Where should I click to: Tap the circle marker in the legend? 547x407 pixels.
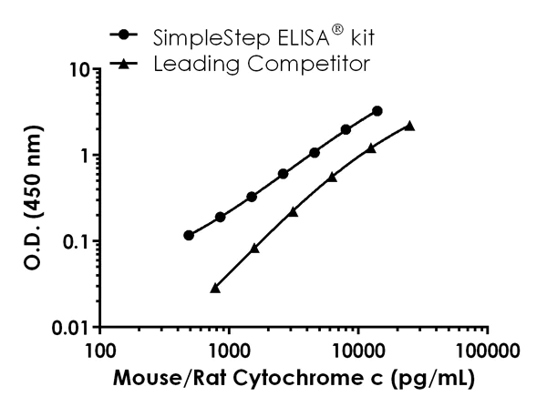pyautogui.click(x=124, y=37)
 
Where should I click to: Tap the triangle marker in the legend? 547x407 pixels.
pyautogui.click(x=124, y=64)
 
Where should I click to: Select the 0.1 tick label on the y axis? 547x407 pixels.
pyautogui.click(x=75, y=241)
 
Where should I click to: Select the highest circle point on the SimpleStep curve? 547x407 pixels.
pyautogui.click(x=377, y=110)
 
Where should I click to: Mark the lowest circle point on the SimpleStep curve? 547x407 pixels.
pyautogui.click(x=189, y=235)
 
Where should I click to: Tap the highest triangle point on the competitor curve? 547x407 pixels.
pyautogui.click(x=409, y=126)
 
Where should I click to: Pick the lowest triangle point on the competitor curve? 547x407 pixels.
pyautogui.click(x=215, y=288)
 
